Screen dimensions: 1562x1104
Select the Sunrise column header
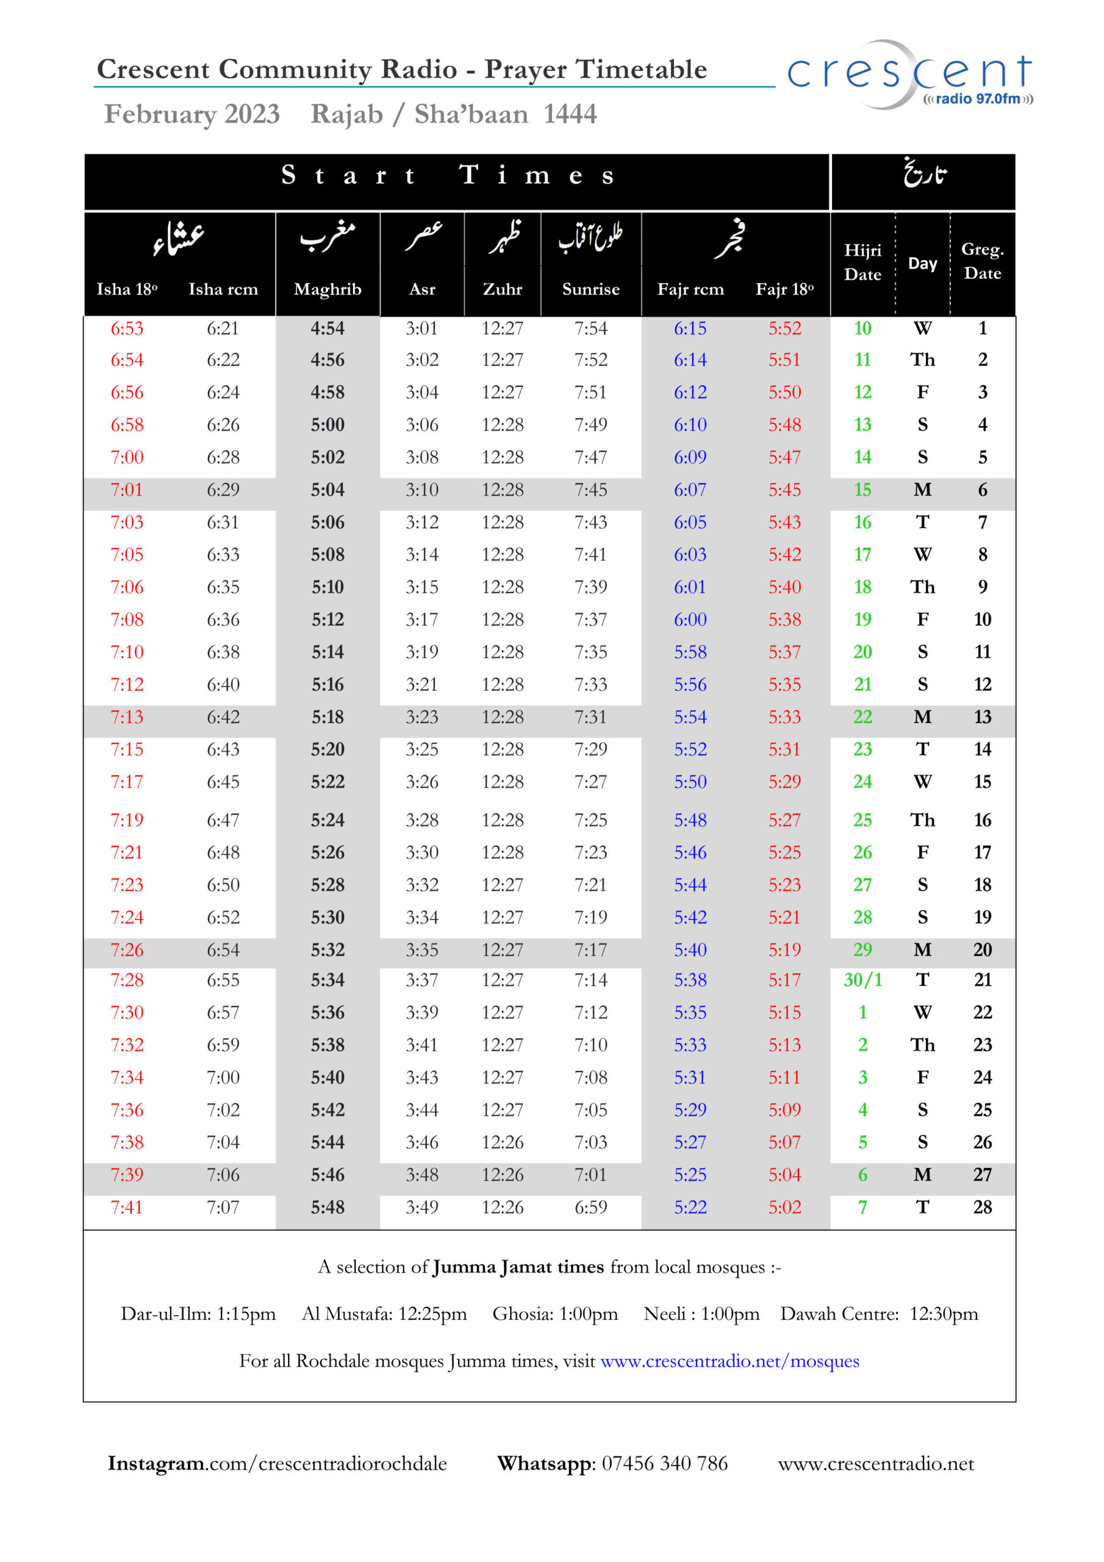(590, 289)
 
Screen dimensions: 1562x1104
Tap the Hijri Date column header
(862, 262)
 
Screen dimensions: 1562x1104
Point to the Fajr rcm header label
(690, 289)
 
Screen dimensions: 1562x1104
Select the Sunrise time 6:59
(590, 1207)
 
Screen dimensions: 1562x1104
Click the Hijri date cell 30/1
(862, 980)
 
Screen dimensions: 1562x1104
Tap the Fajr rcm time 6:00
(690, 619)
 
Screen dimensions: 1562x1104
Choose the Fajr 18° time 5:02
(784, 1207)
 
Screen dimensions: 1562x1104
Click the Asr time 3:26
(421, 782)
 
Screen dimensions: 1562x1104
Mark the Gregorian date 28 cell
(981, 1207)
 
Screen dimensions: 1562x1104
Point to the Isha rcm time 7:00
(223, 1077)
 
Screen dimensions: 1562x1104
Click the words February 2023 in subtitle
(192, 113)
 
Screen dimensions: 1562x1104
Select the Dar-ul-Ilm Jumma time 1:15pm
(246, 1314)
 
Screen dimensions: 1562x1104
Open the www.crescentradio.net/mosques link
(729, 1361)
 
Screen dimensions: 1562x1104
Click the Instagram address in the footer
(277, 1463)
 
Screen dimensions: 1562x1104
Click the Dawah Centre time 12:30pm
(943, 1314)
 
